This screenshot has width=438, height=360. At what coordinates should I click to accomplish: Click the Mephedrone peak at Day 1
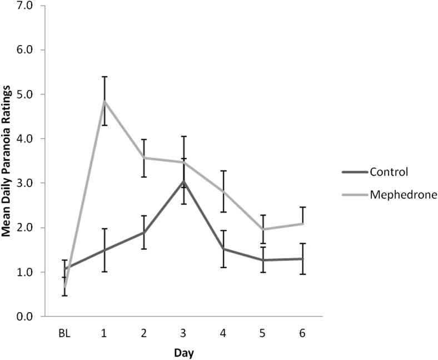tap(104, 101)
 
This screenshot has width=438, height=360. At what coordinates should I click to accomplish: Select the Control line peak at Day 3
tap(183, 181)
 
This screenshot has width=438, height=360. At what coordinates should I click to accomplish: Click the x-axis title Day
tap(183, 352)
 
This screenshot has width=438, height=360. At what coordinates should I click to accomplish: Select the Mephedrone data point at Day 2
tap(144, 158)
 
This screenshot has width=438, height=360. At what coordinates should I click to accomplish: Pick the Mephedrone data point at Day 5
tap(263, 229)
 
